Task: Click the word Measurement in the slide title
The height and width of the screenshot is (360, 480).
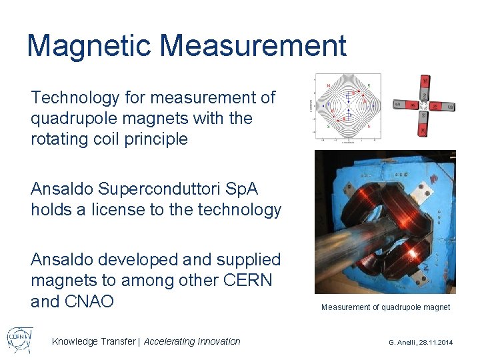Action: tap(253, 46)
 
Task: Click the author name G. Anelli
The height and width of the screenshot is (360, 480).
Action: tap(403, 342)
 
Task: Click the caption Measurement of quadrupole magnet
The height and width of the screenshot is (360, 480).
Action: tap(385, 307)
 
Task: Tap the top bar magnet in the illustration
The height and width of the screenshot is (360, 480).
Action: tap(423, 85)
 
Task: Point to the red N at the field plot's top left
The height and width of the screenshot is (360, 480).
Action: tap(328, 86)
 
